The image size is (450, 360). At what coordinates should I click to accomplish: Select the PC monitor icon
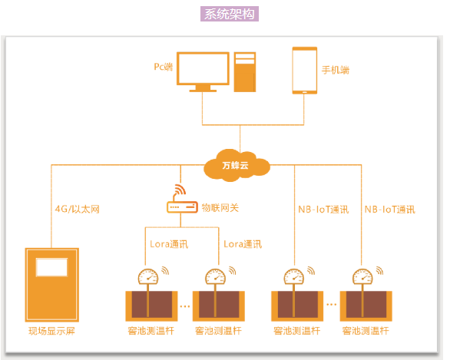203,71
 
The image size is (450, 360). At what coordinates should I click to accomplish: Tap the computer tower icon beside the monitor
245,72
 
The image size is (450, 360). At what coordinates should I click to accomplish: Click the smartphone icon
305,71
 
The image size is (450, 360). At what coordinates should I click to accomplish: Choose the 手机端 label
335,70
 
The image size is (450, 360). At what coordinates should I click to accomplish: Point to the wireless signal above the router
181,190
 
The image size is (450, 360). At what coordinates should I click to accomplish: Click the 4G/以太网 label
76,209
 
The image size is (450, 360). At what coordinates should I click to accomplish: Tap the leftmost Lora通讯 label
168,244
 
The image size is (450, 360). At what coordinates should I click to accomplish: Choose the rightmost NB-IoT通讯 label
389,209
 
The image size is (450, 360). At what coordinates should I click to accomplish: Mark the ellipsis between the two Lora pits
184,306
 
